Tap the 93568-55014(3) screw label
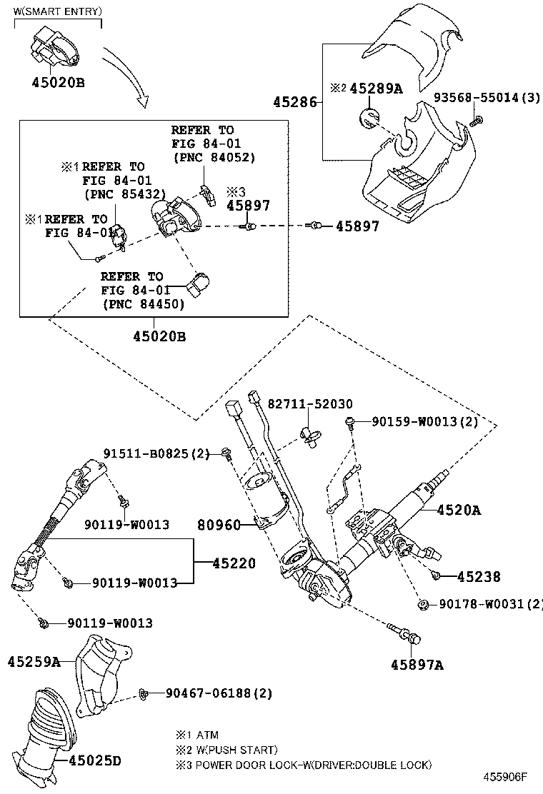click(x=487, y=97)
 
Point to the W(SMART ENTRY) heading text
click(x=58, y=12)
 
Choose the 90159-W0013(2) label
click(x=424, y=422)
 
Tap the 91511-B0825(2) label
click(x=156, y=453)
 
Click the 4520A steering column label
click(x=459, y=510)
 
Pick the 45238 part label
click(x=479, y=577)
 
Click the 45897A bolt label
click(x=417, y=665)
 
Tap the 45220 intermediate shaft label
click(x=233, y=563)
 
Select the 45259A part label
click(x=34, y=662)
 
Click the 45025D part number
click(x=95, y=761)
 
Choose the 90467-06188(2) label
click(x=219, y=693)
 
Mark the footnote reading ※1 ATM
click(x=197, y=735)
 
